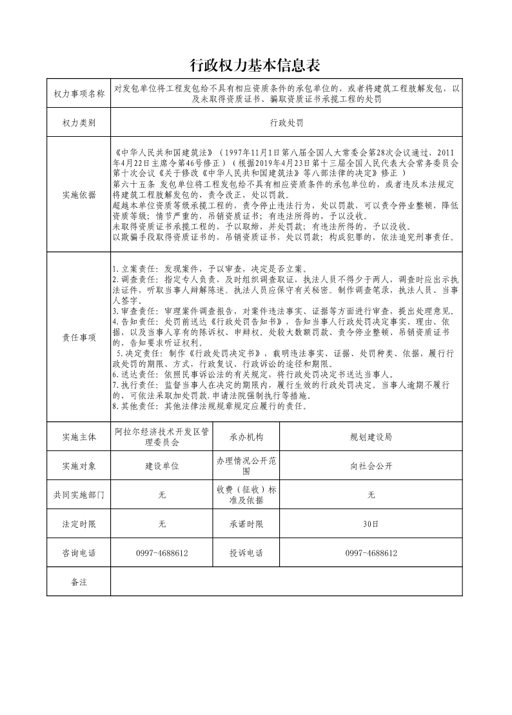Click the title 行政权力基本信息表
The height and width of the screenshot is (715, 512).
(256, 66)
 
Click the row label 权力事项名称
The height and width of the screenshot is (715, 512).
(79, 94)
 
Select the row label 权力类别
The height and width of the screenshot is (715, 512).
(79, 123)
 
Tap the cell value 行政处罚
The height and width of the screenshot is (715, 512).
(287, 123)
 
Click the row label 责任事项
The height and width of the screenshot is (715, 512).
(79, 337)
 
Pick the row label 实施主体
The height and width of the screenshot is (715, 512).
(79, 437)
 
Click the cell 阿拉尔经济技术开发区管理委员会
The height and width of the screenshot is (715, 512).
(162, 437)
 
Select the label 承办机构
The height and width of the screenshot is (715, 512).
(246, 437)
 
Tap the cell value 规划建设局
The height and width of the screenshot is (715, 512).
(371, 437)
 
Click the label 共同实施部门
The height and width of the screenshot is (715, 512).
(79, 495)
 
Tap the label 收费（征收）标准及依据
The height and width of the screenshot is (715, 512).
(246, 495)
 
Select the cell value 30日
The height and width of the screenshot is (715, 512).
(371, 524)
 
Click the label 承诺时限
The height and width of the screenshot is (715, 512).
(246, 524)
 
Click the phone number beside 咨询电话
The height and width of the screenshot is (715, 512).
(162, 553)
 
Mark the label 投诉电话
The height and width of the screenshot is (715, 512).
(246, 553)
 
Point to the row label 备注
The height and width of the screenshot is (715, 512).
(79, 582)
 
